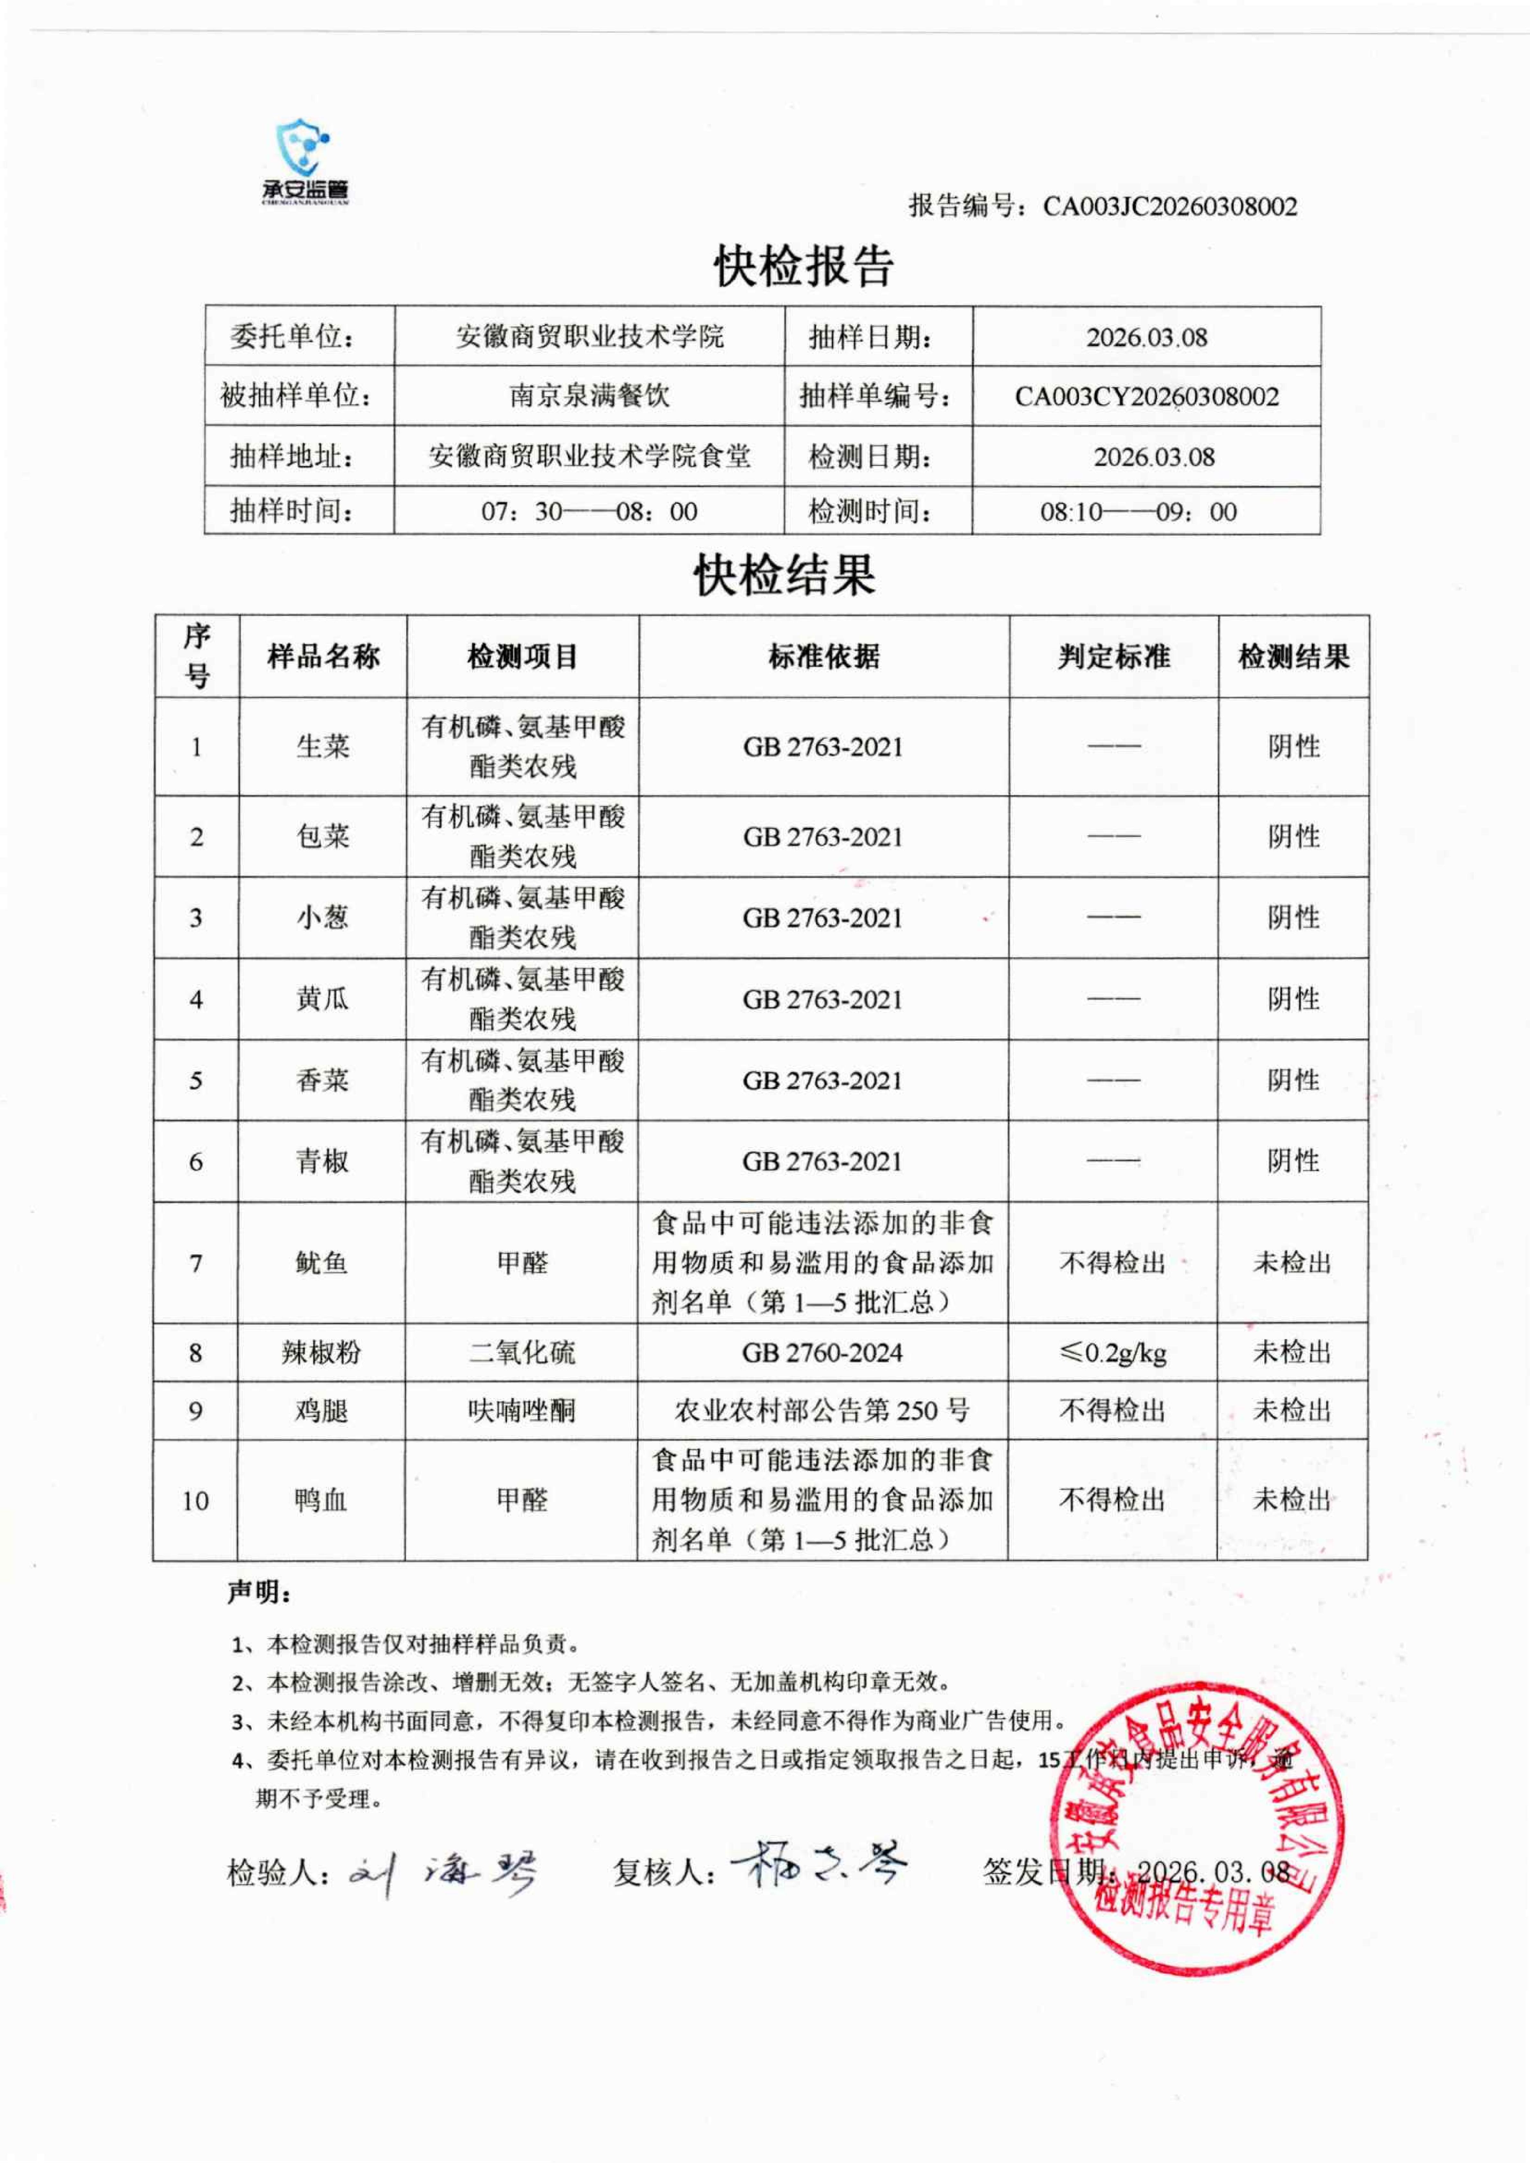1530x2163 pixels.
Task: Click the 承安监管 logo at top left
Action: tap(304, 162)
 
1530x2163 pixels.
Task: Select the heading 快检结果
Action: tap(785, 575)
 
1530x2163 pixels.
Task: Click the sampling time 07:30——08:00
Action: tap(589, 511)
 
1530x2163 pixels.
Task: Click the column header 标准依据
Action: tap(824, 656)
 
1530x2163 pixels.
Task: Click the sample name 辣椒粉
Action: tap(321, 1353)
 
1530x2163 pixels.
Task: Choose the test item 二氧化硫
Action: tap(522, 1353)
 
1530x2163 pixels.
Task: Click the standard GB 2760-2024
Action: tap(822, 1353)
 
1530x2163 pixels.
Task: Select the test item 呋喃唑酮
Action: tap(522, 1410)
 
